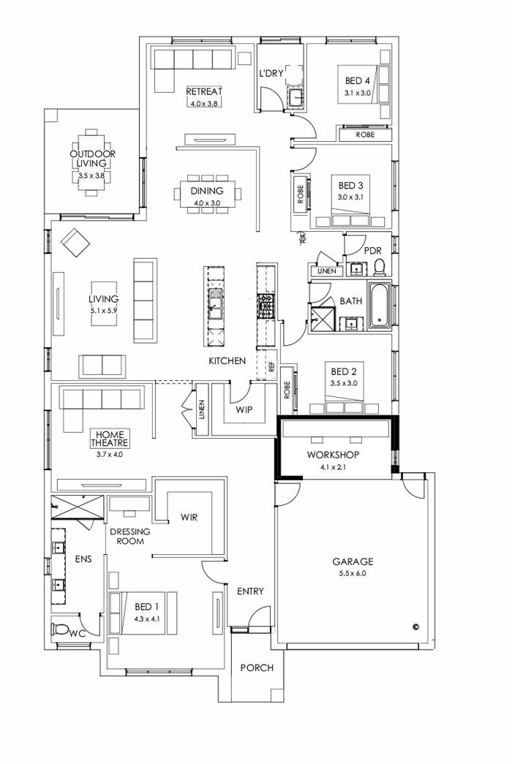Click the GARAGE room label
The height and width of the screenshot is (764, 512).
[x=353, y=561]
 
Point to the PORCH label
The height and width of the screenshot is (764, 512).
[x=257, y=667]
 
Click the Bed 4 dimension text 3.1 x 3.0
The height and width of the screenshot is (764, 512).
[x=358, y=94]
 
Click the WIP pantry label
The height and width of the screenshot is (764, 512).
[x=244, y=409]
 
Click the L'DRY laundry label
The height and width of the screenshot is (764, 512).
[x=271, y=73]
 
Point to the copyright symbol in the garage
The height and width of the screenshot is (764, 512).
[x=415, y=626]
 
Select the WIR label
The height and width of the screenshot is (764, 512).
[x=189, y=517]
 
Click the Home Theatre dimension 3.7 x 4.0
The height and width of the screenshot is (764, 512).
[x=109, y=454]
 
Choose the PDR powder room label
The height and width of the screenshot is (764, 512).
[x=373, y=250]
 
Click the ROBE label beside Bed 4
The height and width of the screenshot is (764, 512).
[x=365, y=135]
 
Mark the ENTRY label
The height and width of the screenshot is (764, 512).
[x=250, y=591]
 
